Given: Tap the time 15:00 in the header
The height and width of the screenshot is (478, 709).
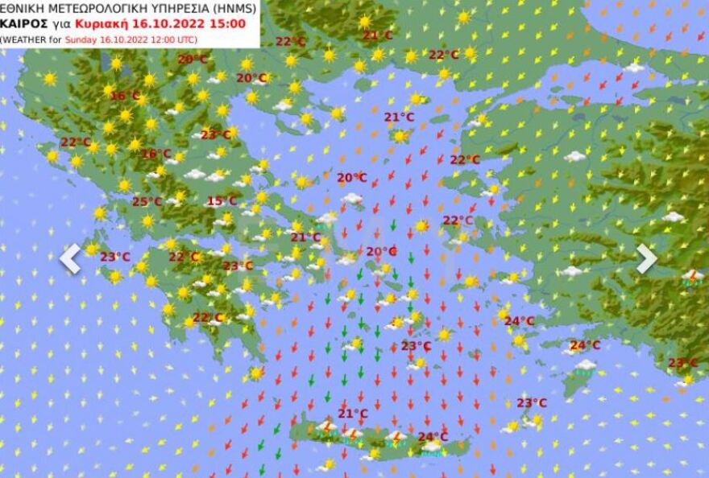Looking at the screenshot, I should (229, 23).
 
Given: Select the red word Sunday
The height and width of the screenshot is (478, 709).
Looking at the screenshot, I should (83, 38).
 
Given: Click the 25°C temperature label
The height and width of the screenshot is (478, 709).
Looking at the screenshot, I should (147, 201).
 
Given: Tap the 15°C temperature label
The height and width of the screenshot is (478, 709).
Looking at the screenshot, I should (222, 201).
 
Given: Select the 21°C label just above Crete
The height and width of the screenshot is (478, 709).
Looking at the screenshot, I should (352, 414).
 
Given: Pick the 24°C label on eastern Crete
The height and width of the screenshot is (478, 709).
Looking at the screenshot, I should (433, 437).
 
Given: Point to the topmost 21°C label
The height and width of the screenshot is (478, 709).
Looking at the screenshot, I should (377, 35).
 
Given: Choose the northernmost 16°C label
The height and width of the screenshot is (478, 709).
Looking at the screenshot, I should (125, 96).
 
